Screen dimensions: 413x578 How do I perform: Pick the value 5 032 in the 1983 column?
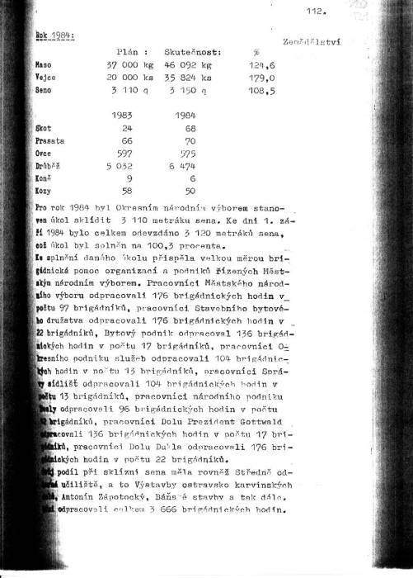[124, 165]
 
